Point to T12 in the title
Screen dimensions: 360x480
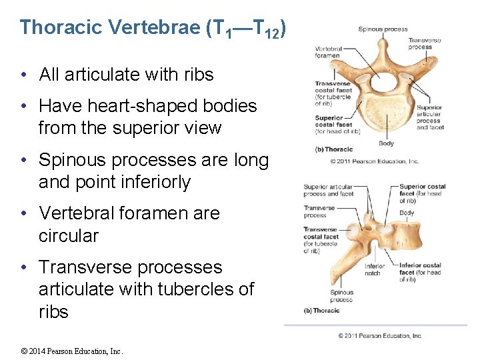(x=267, y=29)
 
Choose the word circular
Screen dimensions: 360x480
(x=69, y=236)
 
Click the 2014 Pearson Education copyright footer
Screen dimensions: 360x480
(x=73, y=351)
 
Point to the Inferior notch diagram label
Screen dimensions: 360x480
(x=374, y=270)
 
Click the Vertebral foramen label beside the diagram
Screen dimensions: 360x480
(x=327, y=52)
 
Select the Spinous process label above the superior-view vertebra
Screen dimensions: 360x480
(x=383, y=29)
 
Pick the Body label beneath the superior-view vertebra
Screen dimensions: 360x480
(x=386, y=143)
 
